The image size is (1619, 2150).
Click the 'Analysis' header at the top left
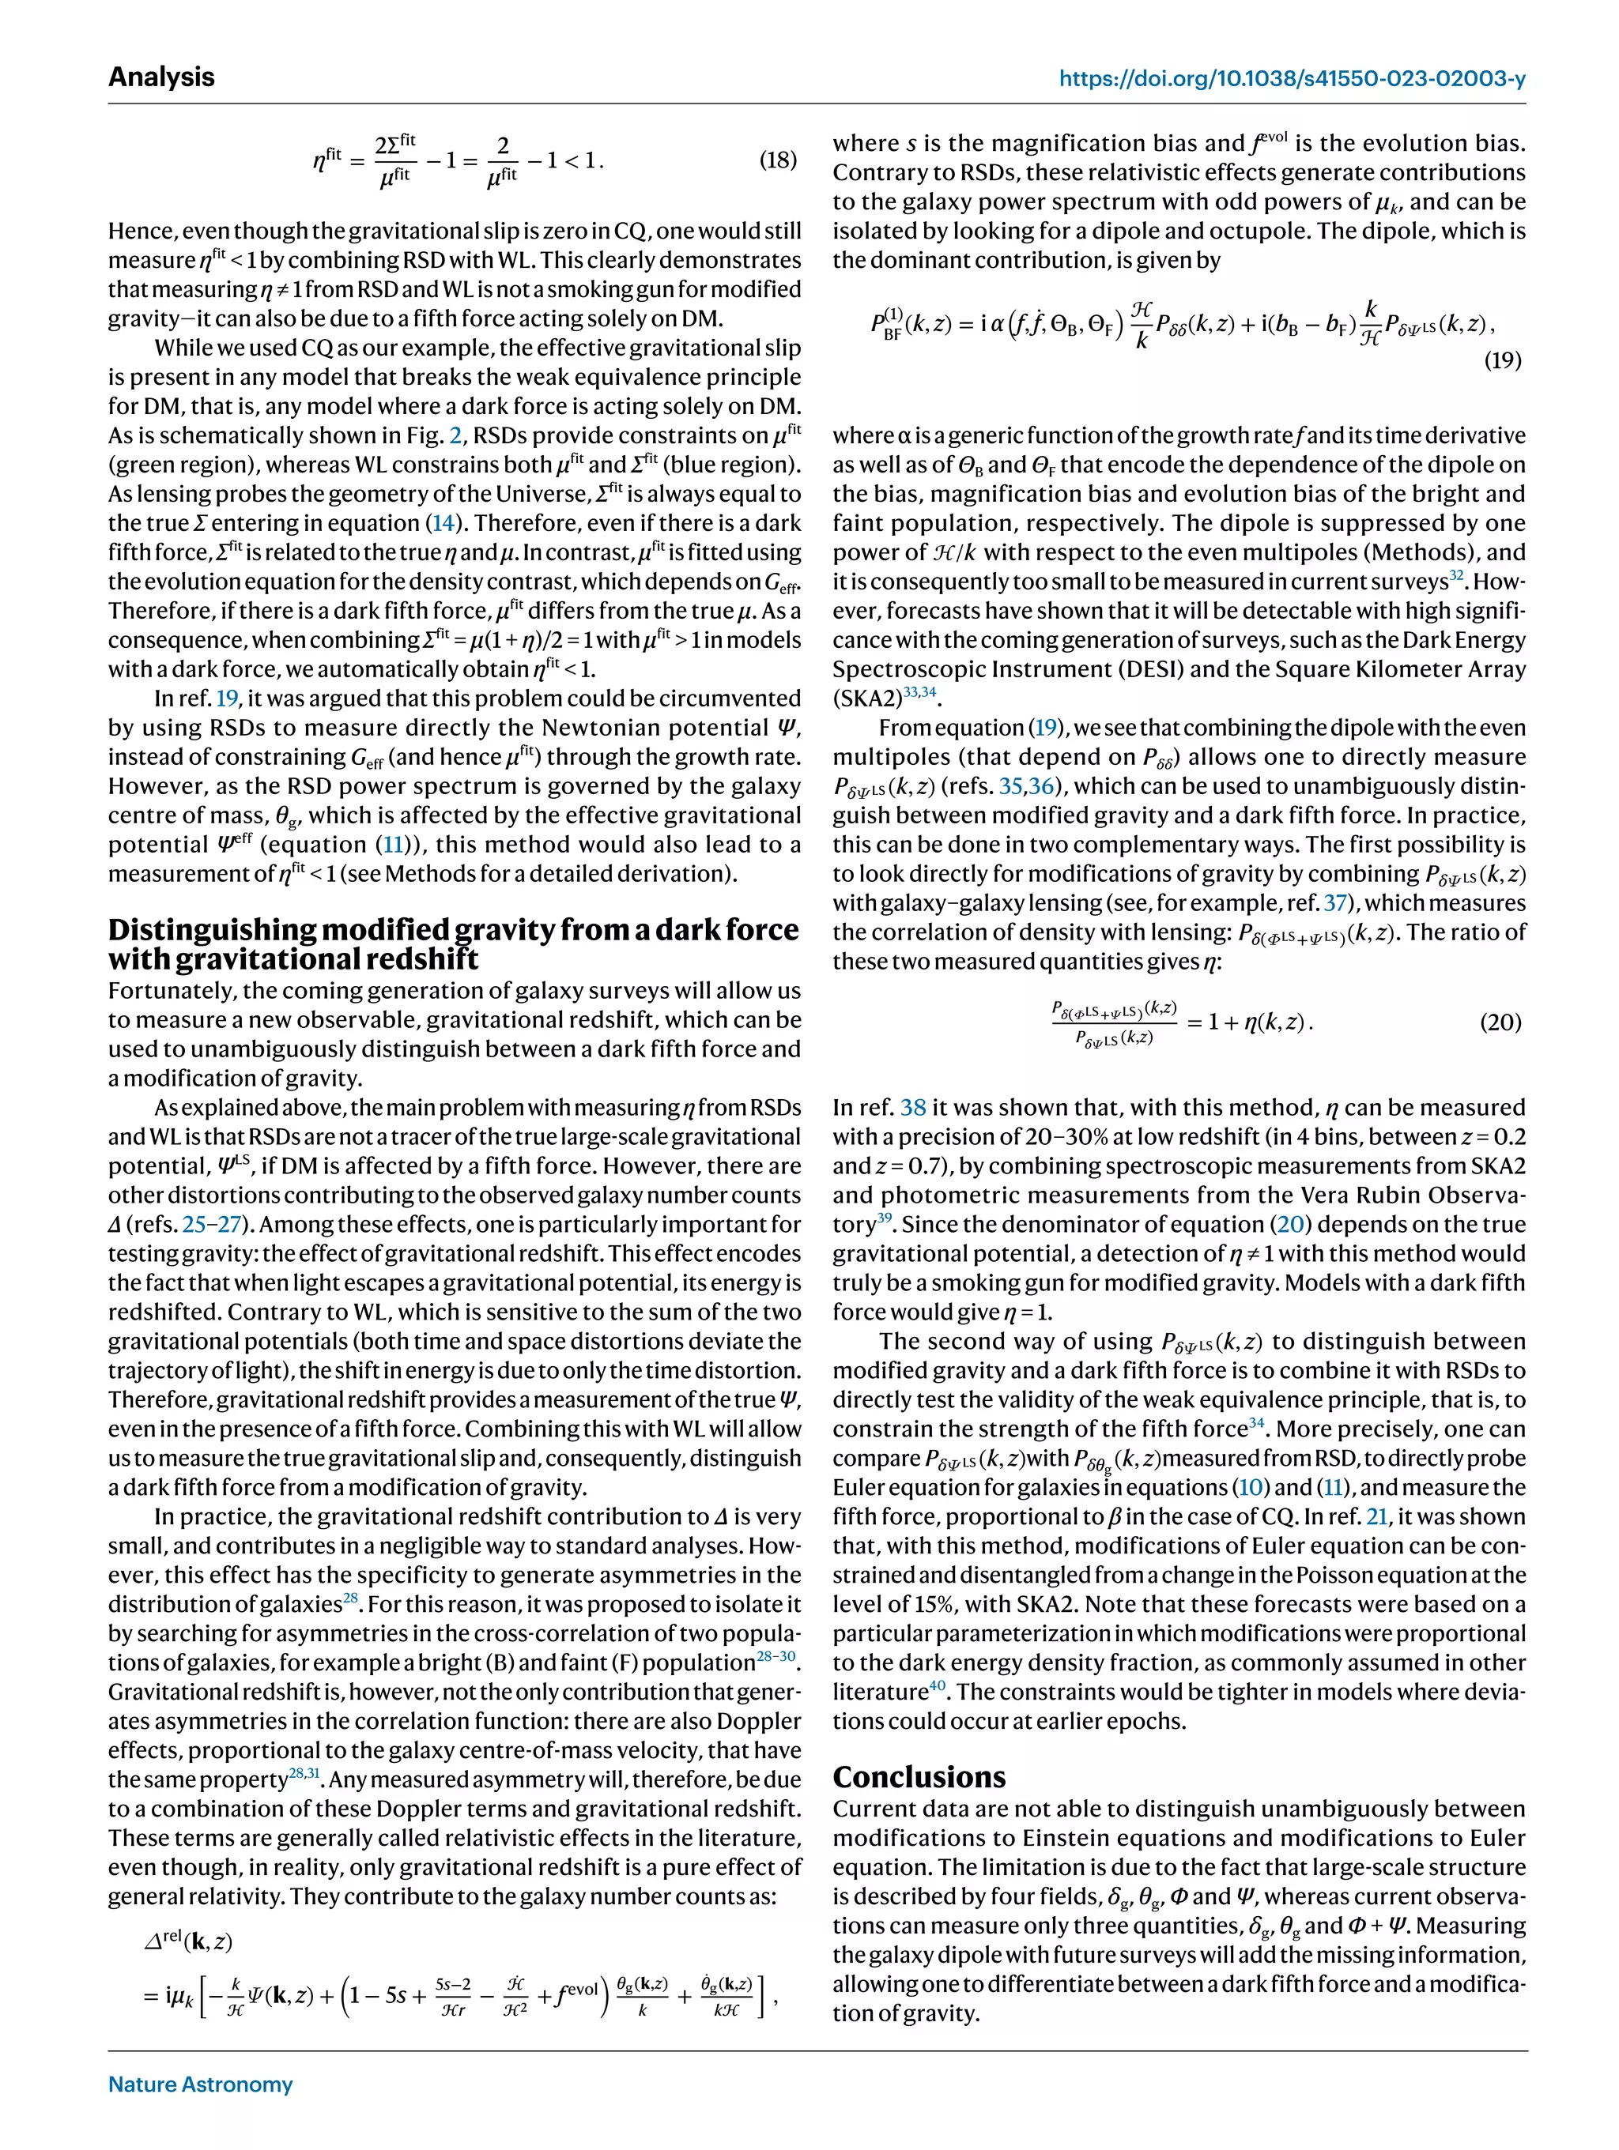pos(161,77)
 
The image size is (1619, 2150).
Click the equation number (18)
pos(777,160)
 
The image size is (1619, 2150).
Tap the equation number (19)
pos(1502,360)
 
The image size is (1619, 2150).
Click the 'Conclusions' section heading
pos(919,1775)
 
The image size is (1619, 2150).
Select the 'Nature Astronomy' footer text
pos(200,2084)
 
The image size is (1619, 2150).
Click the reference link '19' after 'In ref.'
pos(227,698)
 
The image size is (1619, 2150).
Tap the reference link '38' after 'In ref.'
pos(913,1107)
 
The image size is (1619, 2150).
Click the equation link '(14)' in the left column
pos(443,523)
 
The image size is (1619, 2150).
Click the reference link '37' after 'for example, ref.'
pos(1336,903)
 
